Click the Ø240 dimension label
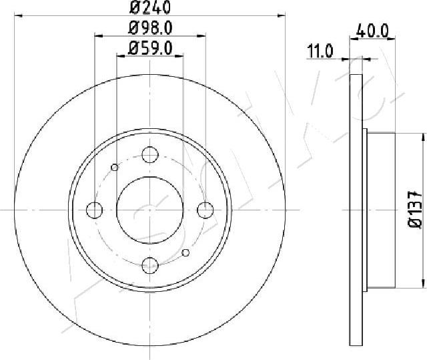click(150, 7)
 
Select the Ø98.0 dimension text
click(150, 28)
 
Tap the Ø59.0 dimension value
click(150, 48)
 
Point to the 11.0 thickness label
click(320, 51)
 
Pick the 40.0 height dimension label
click(372, 31)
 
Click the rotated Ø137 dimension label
click(415, 210)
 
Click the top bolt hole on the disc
click(150, 154)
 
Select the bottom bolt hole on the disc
click(150, 266)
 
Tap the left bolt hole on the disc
click(94, 210)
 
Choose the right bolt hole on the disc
click(205, 210)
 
